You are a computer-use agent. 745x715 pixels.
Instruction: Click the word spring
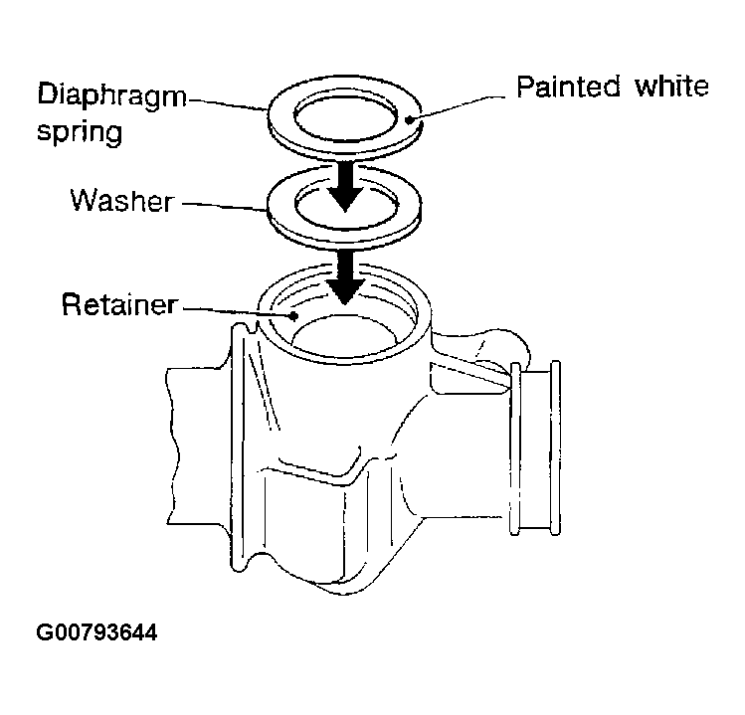(80, 131)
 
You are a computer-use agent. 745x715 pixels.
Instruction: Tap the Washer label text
(122, 201)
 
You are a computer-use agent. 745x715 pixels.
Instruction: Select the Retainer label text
(119, 304)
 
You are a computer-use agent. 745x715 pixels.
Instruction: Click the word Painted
(568, 86)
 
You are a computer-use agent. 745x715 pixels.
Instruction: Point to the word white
(671, 86)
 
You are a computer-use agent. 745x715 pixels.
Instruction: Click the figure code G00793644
(96, 632)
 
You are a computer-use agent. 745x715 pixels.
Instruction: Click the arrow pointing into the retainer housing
(345, 276)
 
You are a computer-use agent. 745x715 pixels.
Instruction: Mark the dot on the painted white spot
(408, 120)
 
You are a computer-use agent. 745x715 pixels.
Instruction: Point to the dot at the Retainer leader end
(294, 315)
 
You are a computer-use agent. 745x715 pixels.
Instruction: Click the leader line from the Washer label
(224, 206)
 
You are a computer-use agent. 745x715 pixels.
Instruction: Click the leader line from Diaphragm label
(228, 104)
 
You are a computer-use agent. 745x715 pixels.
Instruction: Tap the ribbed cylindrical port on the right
(535, 448)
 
